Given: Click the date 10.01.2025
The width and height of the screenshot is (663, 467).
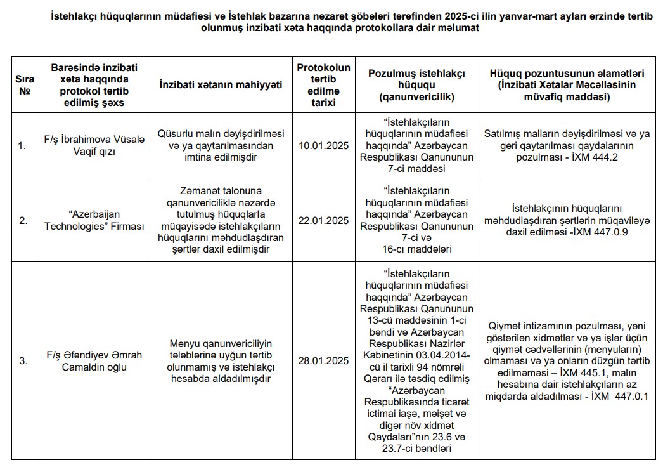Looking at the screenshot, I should click(323, 146).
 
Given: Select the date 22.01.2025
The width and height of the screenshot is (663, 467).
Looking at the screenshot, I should click(323, 220).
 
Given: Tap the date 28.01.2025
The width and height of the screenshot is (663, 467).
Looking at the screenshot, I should click(323, 360).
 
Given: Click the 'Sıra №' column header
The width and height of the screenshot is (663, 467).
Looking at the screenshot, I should click(25, 84).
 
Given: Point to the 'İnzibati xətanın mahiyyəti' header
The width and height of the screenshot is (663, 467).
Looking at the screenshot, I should click(221, 84).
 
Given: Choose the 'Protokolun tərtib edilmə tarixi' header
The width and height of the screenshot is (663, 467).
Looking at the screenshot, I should click(323, 84).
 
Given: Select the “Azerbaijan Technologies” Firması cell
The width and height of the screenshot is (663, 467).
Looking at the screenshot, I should click(94, 220).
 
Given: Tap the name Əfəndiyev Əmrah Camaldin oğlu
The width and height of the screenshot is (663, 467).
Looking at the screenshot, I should click(94, 360).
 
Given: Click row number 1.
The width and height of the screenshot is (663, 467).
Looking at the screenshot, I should click(23, 146).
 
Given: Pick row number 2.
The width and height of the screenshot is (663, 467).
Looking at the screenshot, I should click(23, 221).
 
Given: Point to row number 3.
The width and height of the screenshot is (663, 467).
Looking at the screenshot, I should click(23, 360).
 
